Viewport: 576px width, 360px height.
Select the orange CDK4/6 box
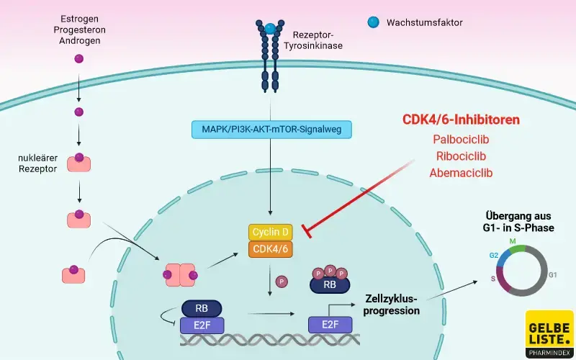[x=270, y=249]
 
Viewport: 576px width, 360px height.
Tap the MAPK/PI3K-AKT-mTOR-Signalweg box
[x=271, y=130]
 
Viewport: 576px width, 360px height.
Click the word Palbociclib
[x=461, y=139]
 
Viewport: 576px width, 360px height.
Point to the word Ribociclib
[x=461, y=156]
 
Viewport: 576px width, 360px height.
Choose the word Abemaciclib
[x=461, y=173]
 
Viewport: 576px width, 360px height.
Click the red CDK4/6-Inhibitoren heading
[x=461, y=119]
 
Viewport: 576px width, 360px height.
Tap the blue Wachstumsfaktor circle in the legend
[x=373, y=22]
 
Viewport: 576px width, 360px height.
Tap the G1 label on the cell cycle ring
[x=552, y=275]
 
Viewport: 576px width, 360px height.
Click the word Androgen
[x=80, y=41]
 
